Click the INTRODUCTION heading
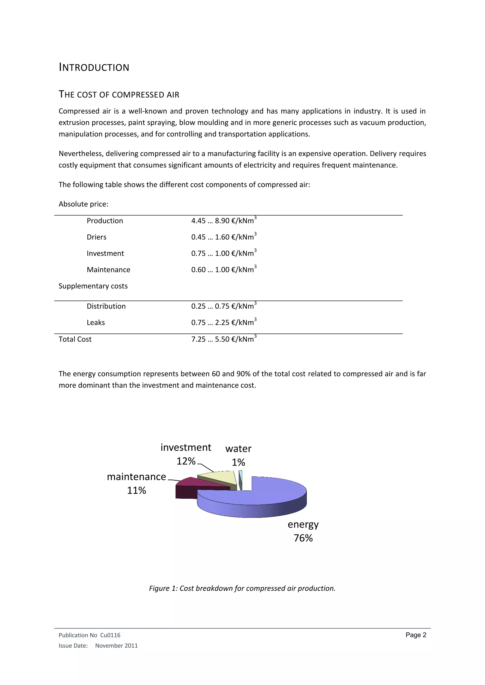(94, 67)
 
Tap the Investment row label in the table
(105, 253)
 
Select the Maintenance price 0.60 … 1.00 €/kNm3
(224, 269)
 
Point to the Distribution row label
(106, 306)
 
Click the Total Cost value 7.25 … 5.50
(224, 339)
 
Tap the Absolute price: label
(83, 204)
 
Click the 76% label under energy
(303, 538)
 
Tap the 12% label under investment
(186, 461)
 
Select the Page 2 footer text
(416, 635)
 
